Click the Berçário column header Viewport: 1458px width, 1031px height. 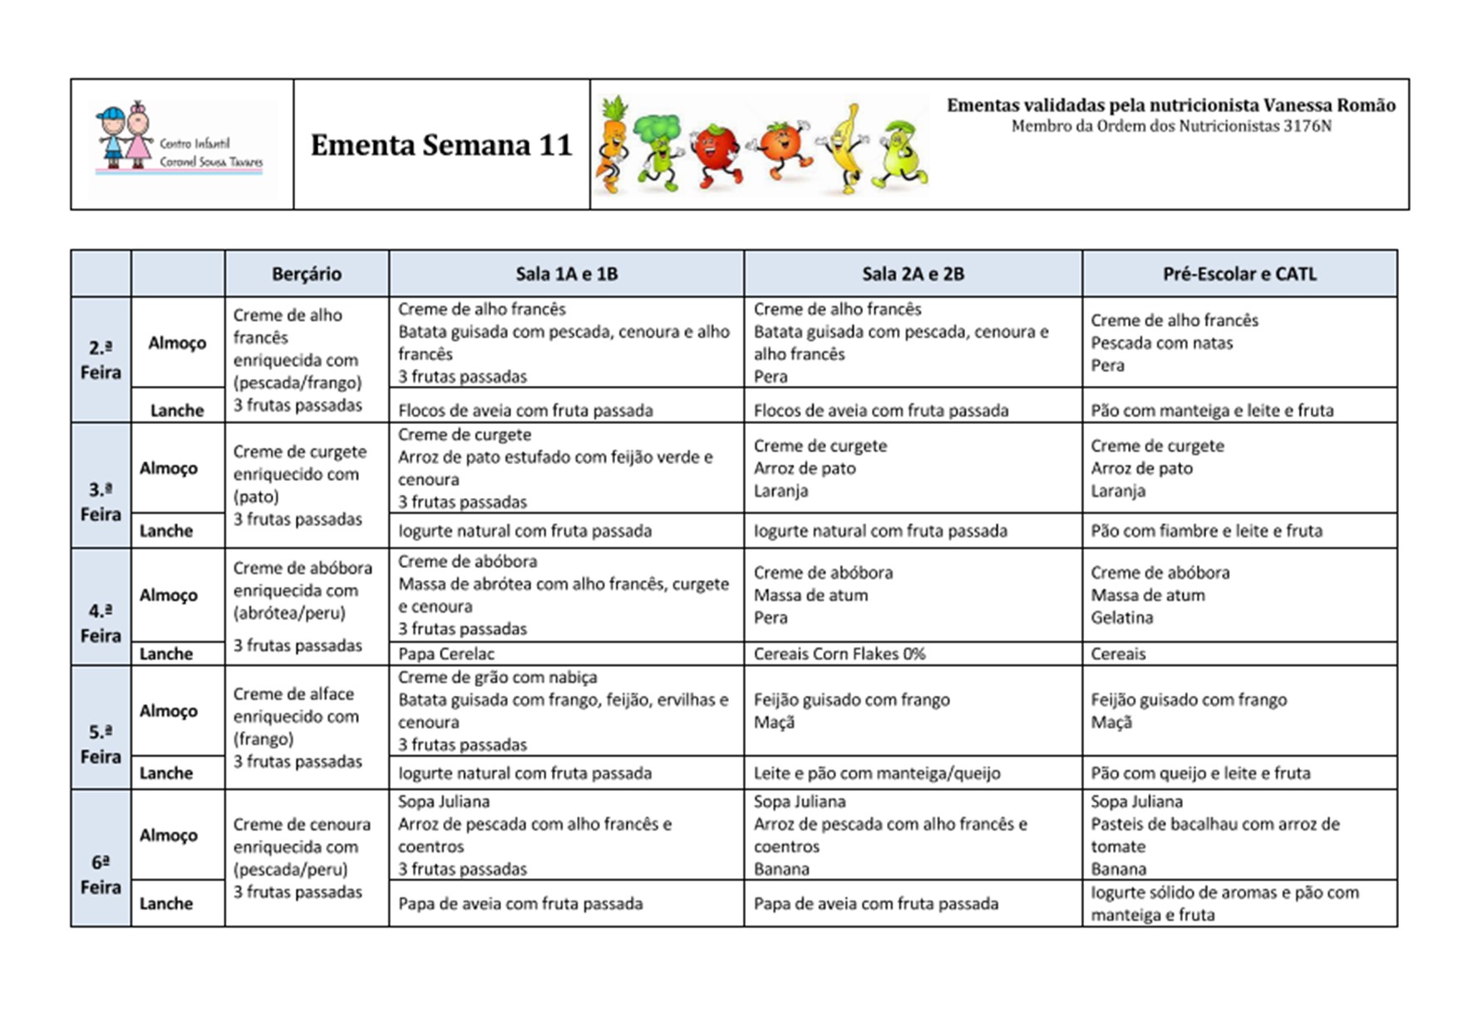306,274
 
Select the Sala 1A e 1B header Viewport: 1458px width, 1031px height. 566,274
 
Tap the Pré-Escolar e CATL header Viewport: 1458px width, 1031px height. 1239,274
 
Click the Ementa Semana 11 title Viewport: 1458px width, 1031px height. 441,145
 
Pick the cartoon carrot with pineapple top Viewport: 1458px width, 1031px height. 612,146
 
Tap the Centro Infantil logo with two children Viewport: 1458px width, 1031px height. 182,144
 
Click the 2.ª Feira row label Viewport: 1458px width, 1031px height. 101,359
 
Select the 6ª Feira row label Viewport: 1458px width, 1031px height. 101,875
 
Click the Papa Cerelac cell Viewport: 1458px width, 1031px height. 446,654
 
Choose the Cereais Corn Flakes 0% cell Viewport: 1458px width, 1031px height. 839,654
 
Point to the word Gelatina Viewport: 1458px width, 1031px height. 1121,618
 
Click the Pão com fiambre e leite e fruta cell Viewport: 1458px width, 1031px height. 1206,530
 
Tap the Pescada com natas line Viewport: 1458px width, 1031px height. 1161,343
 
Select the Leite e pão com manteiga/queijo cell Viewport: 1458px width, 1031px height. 877,773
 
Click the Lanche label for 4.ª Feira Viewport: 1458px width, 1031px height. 166,654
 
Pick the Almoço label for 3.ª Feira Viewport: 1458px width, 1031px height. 169,468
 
